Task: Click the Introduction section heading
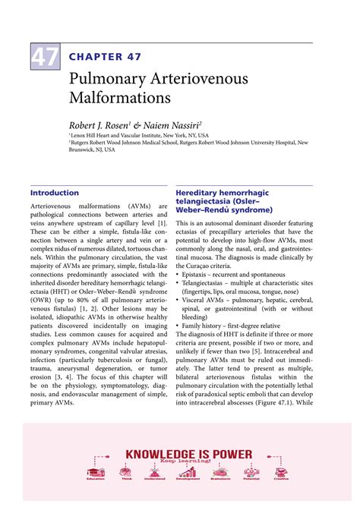(x=54, y=193)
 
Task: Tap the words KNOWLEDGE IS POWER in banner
(x=188, y=454)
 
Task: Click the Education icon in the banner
(x=96, y=469)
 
